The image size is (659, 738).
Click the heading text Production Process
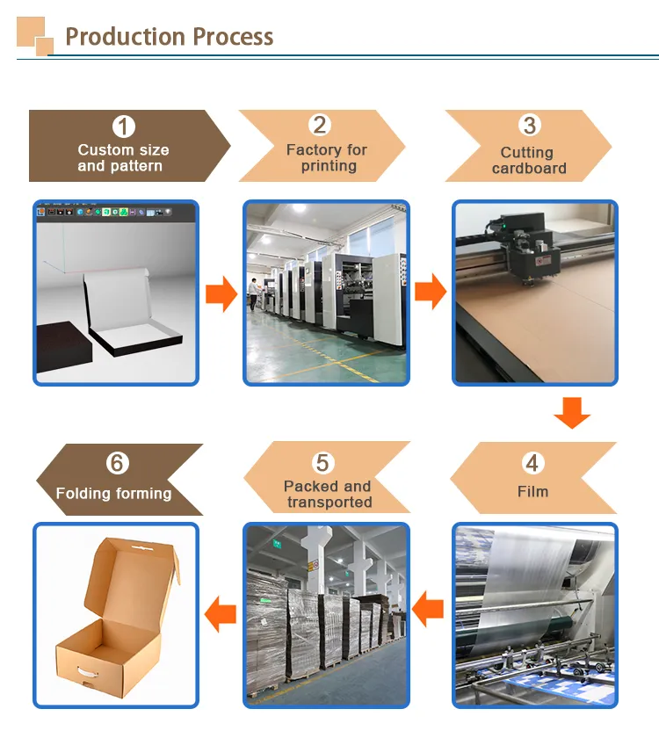(x=169, y=37)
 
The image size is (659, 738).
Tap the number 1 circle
(x=124, y=127)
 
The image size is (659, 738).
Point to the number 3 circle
(x=529, y=126)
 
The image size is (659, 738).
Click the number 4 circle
(x=532, y=463)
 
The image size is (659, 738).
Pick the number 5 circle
(x=323, y=462)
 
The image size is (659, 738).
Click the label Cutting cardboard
(x=528, y=161)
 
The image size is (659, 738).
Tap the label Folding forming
(x=113, y=494)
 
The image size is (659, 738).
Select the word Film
(x=532, y=492)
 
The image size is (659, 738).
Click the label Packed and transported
(x=327, y=494)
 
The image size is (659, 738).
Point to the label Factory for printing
(x=327, y=158)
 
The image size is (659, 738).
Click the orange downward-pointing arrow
(x=572, y=412)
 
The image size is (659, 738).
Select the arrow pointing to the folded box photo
(x=220, y=612)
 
